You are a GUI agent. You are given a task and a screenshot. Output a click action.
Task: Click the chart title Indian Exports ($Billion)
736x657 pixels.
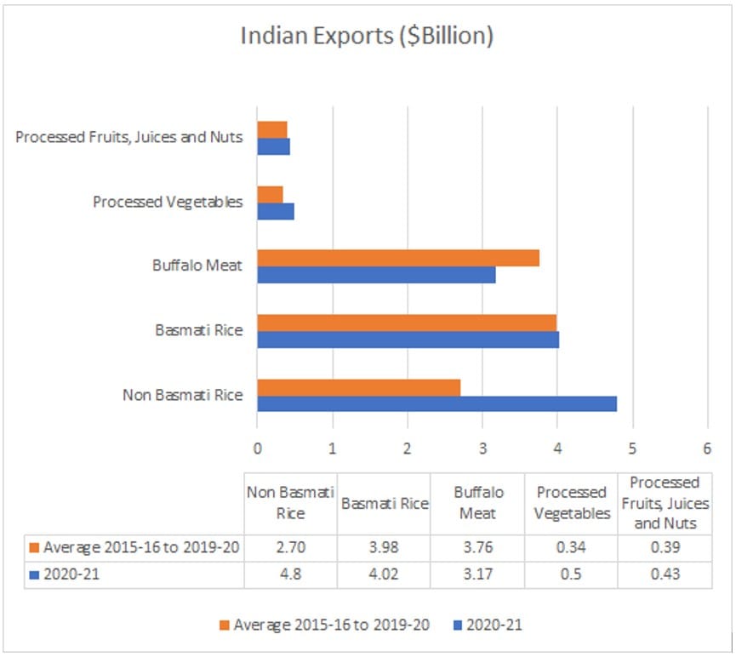click(368, 37)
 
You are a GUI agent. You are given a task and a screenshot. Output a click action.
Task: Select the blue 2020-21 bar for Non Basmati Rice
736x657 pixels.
click(436, 403)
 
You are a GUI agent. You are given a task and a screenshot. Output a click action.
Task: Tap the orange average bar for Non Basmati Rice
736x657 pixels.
click(358, 387)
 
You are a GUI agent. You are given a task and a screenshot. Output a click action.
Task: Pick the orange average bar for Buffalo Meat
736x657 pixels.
click(398, 258)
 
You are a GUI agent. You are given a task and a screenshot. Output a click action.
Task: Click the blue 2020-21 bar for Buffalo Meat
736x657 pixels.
click(376, 275)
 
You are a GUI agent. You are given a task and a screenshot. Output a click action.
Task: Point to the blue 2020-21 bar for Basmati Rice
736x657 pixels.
click(408, 340)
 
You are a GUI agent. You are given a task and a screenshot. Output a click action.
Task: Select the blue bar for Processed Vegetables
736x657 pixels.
click(276, 211)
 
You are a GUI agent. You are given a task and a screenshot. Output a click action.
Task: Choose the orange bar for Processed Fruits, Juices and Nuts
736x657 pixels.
click(272, 129)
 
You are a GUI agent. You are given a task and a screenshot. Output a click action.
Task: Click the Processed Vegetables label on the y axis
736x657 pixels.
click(168, 203)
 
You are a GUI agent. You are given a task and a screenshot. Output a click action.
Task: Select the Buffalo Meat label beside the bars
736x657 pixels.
click(197, 266)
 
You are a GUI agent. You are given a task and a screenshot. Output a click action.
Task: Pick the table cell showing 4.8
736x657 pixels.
click(290, 574)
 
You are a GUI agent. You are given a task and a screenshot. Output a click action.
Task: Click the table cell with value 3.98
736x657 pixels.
click(384, 547)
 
